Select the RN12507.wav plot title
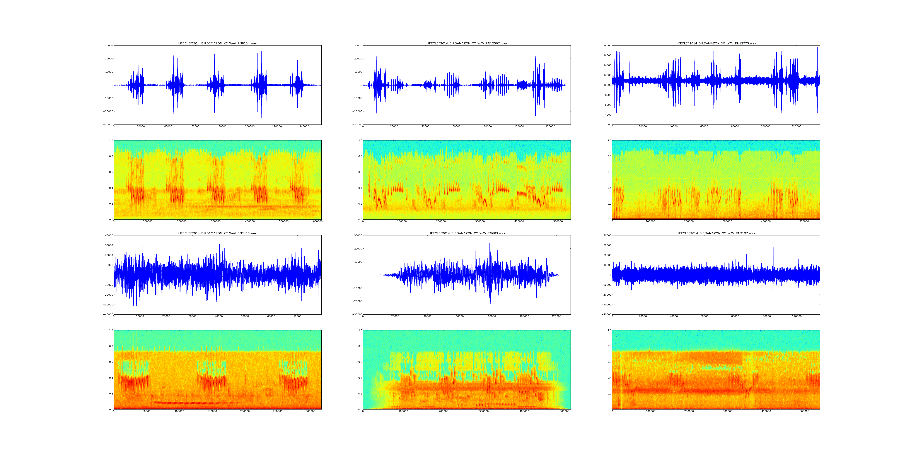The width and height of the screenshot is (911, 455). (466, 43)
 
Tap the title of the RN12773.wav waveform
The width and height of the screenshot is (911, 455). (716, 43)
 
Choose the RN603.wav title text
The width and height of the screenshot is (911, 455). (466, 233)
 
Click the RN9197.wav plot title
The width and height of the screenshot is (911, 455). (716, 233)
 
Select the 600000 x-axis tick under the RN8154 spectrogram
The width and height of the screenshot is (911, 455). (318, 221)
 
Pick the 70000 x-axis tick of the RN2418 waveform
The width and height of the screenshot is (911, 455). (297, 316)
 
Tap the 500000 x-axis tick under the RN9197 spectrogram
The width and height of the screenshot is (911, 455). (804, 411)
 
